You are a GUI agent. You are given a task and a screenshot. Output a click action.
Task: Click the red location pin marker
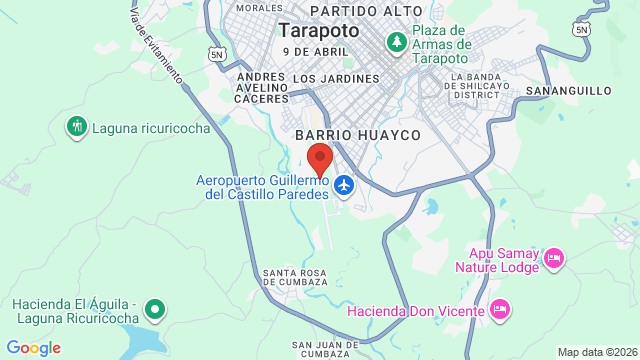click(x=319, y=160)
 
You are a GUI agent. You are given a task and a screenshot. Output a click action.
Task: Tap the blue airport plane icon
click(x=345, y=185)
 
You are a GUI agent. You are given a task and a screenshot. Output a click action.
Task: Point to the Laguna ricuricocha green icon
click(x=77, y=127)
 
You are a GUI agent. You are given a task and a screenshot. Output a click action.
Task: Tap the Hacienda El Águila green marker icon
click(x=154, y=309)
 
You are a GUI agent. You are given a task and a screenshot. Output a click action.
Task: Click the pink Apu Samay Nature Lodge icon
click(x=555, y=260)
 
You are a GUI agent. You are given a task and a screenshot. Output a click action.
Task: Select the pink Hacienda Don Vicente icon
click(x=502, y=310)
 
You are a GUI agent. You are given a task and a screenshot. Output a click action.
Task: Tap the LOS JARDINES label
click(x=337, y=78)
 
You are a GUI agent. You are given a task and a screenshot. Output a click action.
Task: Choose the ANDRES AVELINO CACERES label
click(x=261, y=86)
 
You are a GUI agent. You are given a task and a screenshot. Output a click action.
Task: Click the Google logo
click(x=33, y=348)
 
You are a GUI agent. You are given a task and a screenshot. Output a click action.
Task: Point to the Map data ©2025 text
click(x=596, y=352)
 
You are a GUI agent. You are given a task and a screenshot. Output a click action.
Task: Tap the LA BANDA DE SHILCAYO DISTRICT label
click(x=488, y=86)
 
